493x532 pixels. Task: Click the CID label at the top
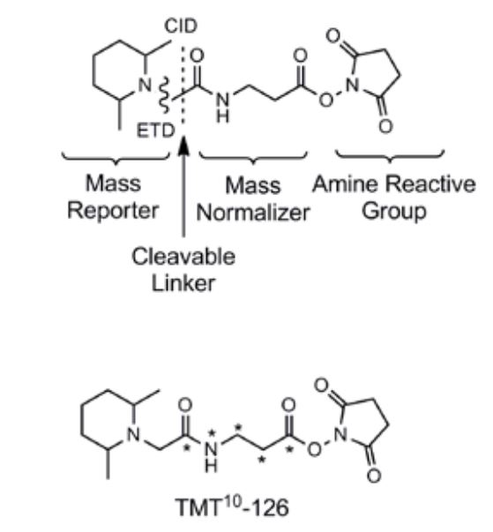click(181, 26)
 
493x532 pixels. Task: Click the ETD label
click(155, 131)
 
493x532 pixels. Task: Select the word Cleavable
click(183, 257)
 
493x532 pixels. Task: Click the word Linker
click(183, 283)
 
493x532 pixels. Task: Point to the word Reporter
click(113, 211)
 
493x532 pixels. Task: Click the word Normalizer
click(253, 214)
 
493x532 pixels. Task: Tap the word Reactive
click(430, 184)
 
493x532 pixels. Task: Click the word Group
click(394, 212)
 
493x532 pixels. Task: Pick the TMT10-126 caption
click(232, 507)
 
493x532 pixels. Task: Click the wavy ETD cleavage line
click(165, 95)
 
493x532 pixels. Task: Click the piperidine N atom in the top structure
click(145, 85)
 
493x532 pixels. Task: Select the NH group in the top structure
click(223, 109)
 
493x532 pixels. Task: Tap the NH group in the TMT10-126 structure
click(212, 456)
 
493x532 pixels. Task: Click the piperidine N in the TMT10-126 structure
click(133, 434)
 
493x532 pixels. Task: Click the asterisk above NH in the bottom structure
click(212, 432)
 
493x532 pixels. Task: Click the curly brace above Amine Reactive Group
click(390, 156)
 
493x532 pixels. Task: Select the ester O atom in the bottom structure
click(314, 450)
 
